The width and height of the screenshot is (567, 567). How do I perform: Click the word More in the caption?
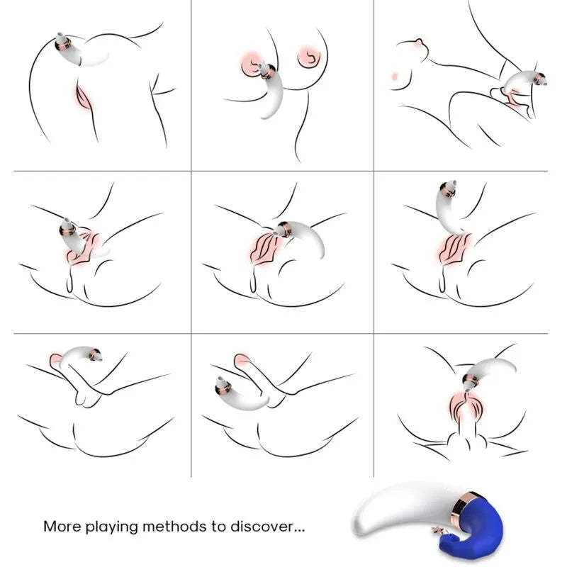62,527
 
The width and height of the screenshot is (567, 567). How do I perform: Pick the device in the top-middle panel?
272,92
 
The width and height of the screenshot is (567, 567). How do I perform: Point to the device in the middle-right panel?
450,209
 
